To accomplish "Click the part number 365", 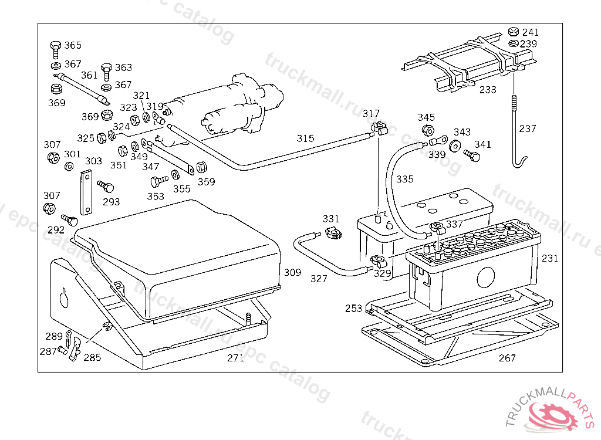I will (73, 46).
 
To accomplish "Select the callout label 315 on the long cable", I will (305, 138).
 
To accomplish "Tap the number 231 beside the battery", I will (550, 258).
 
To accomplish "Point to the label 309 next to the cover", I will (292, 272).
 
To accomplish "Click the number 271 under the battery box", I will (235, 358).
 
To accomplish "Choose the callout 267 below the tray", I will (507, 358).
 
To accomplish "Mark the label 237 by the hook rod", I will (528, 128).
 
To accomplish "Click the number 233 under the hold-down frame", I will (488, 90).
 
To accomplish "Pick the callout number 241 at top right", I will (530, 32).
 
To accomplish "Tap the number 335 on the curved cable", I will (404, 179).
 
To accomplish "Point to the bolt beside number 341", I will (471, 155).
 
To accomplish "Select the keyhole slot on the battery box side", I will (64, 298).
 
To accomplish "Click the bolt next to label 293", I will (106, 187).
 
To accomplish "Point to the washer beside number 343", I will (455, 145).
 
